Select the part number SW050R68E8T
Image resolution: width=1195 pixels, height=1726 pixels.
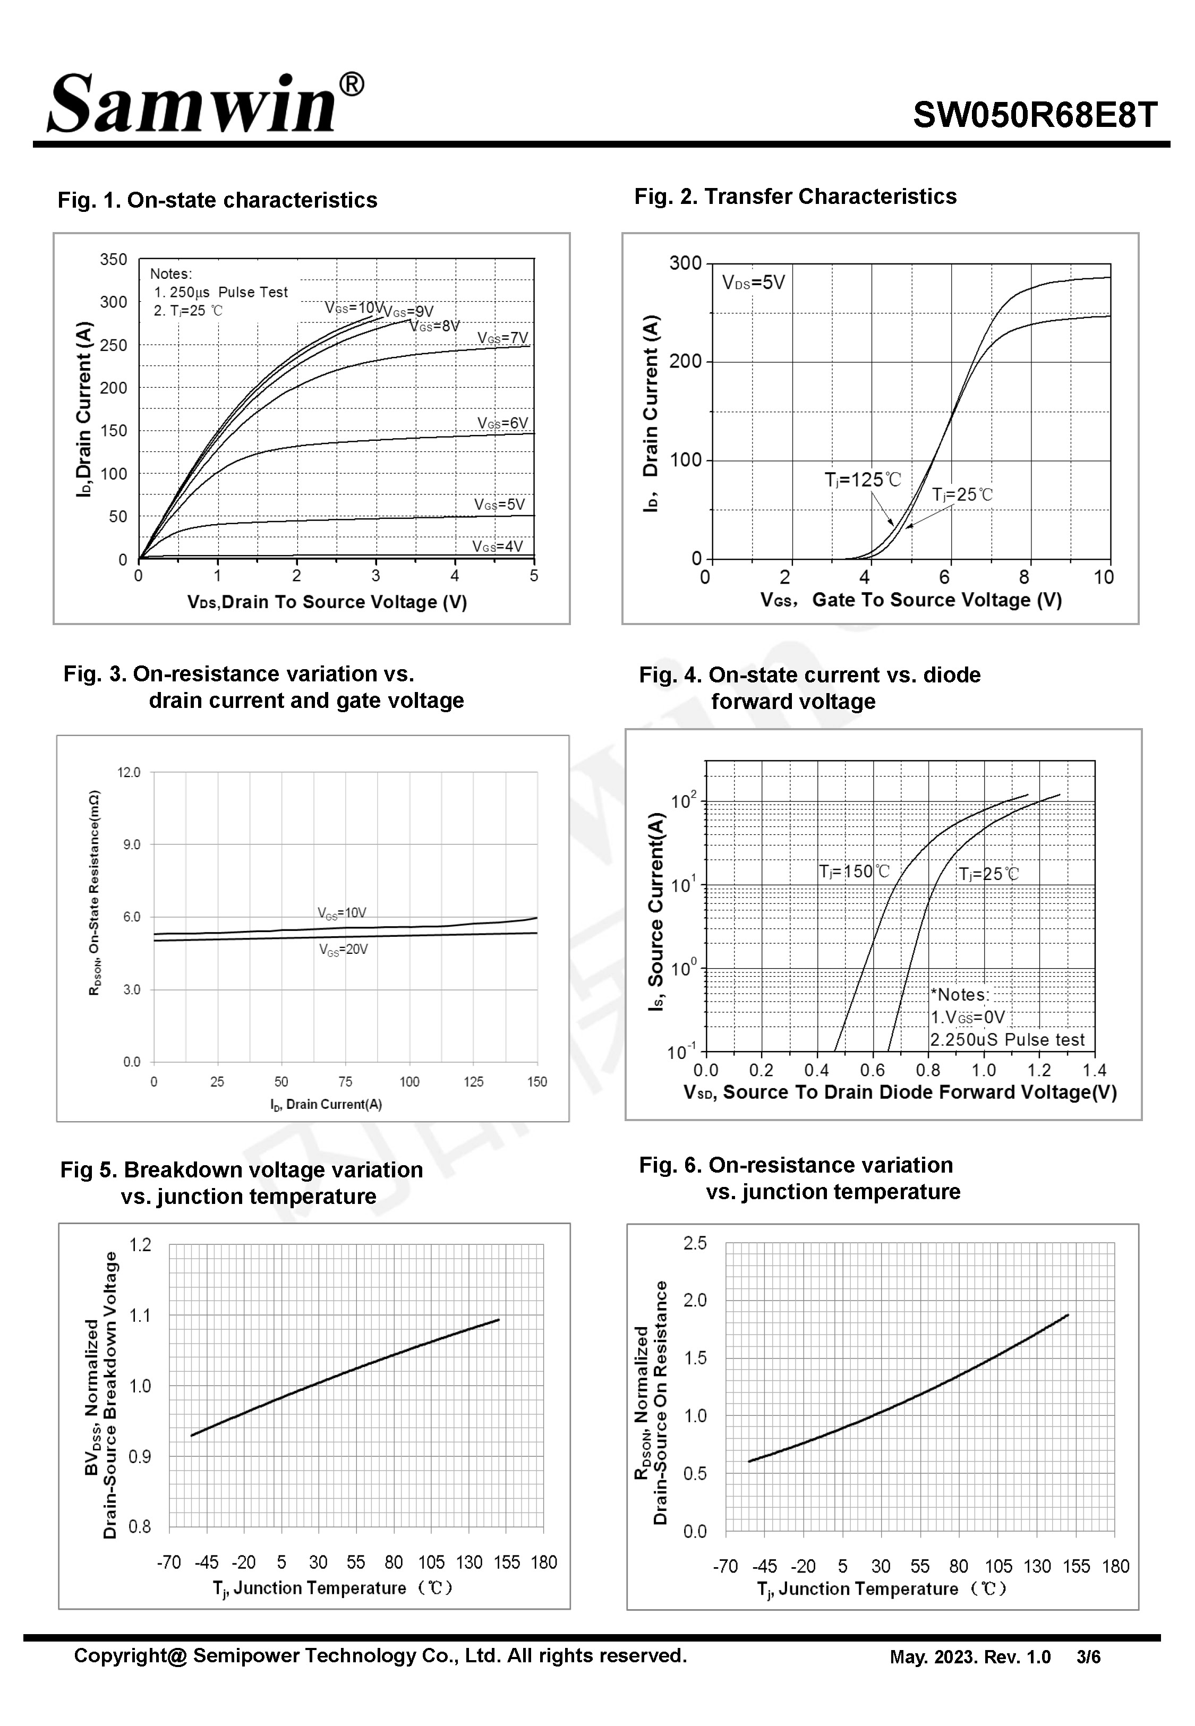1035,116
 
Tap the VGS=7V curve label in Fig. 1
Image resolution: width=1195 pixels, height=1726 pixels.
502,338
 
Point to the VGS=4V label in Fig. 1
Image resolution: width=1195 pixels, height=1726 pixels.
497,546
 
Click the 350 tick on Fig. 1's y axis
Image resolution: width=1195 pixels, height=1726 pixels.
114,260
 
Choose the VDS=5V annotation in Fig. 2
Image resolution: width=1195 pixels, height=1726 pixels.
753,283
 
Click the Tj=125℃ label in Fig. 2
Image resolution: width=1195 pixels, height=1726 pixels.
863,480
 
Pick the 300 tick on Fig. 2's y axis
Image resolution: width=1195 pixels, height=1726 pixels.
685,263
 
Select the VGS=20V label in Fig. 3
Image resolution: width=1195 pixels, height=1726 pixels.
343,950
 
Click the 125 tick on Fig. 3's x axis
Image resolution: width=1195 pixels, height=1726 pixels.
473,1082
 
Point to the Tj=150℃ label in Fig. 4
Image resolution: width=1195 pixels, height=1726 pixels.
855,871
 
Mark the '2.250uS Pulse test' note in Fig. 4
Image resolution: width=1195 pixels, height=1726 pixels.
1007,1040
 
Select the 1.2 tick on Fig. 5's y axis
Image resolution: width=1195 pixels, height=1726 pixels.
140,1245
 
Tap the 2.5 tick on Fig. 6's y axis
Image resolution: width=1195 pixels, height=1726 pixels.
695,1243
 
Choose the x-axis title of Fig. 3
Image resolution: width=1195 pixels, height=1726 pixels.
327,1104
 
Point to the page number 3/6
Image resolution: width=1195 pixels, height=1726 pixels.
1089,1657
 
